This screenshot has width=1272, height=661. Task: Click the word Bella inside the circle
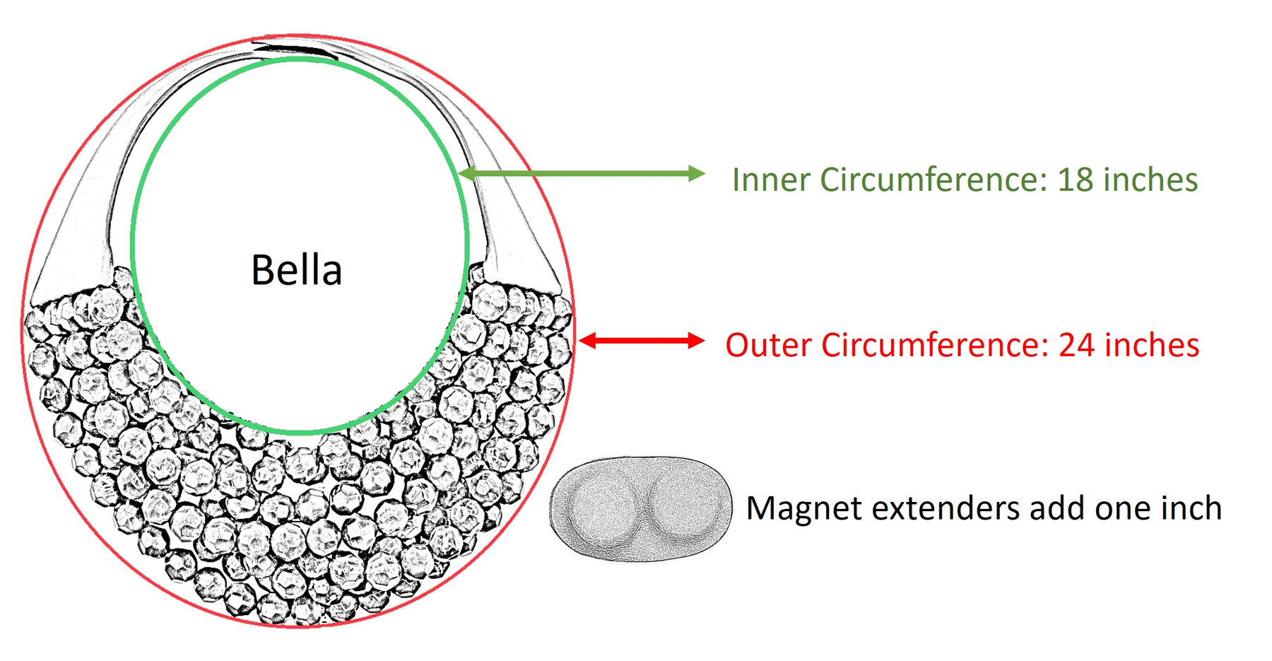(x=297, y=270)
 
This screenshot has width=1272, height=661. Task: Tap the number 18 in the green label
(x=1075, y=180)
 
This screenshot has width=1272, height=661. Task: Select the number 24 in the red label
(x=1076, y=345)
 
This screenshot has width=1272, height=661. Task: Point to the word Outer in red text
(x=769, y=345)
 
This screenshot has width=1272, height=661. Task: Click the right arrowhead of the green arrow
(x=697, y=173)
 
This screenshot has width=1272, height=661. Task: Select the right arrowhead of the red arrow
(x=696, y=341)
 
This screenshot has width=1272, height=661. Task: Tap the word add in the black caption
(x=1056, y=508)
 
